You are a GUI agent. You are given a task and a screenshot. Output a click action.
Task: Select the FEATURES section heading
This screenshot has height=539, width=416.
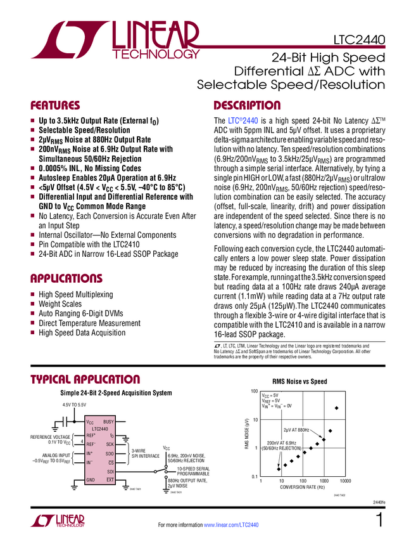pos(56,105)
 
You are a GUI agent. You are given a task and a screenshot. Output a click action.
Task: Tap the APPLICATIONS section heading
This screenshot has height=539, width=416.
pos(66,278)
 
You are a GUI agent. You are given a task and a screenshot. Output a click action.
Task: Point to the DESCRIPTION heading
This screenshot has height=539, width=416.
pos(246,105)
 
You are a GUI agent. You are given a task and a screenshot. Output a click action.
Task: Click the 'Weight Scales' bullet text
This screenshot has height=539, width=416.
pos(60,304)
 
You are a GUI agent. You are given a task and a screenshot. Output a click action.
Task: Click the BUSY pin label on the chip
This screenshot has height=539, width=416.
pos(108,422)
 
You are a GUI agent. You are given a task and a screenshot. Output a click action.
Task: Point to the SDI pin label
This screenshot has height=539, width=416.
pos(110,471)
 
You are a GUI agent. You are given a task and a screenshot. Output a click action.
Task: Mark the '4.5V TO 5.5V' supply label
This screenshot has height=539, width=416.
pos(74,405)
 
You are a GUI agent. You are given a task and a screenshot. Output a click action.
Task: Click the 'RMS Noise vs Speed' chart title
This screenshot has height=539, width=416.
pos(299,382)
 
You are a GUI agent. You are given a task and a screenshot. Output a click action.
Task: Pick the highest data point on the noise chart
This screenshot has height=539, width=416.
pos(336,408)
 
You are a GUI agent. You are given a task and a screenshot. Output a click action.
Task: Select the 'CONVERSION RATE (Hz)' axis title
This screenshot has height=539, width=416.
pos(303,488)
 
